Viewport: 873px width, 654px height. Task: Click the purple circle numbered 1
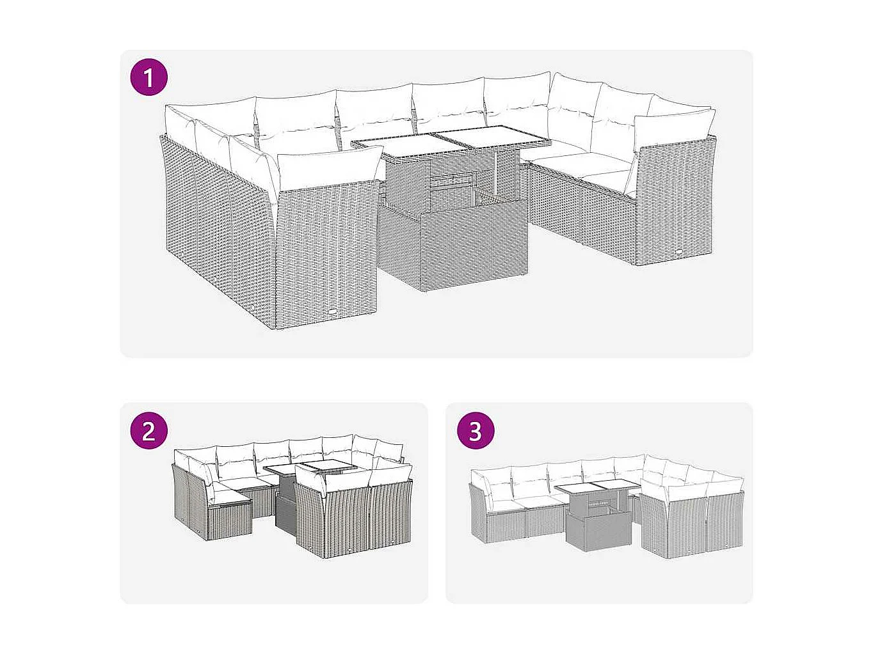[x=149, y=78]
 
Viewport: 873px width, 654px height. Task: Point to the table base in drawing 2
[x=285, y=511]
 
